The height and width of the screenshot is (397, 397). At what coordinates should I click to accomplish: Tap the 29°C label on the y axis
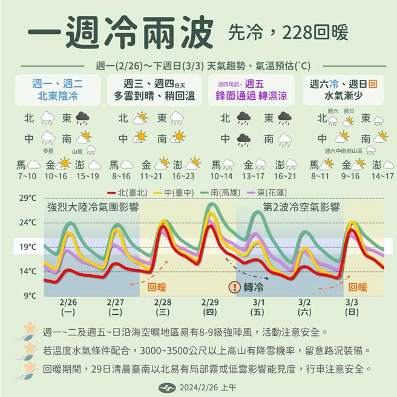coord(28,198)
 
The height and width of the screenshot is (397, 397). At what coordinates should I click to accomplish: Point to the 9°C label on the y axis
coord(30,296)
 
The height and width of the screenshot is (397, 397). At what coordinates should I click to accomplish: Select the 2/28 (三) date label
coord(162,307)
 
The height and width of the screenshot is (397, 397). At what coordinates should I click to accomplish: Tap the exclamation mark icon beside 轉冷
coord(233,288)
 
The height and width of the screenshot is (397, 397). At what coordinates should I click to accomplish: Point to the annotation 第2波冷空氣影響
coord(301,208)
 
